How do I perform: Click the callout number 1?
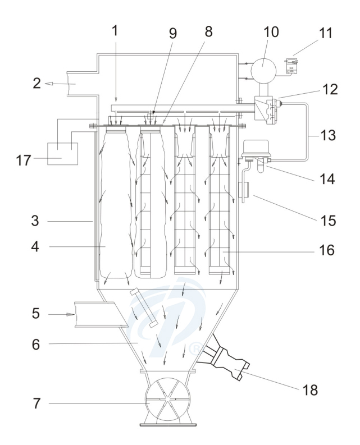point(115,32)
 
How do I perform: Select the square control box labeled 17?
point(63,153)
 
